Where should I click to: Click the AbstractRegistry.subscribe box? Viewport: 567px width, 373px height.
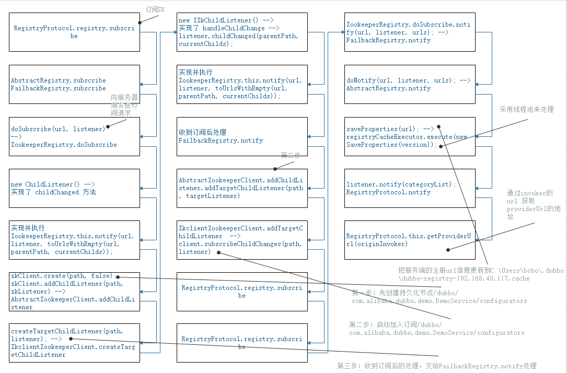pos(75,84)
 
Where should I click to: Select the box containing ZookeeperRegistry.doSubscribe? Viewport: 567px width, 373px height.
pos(75,136)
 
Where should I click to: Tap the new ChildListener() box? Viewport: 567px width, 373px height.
pos(75,188)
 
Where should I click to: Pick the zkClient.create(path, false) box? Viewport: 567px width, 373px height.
pos(75,291)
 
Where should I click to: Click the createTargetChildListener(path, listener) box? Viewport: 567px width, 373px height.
pos(75,343)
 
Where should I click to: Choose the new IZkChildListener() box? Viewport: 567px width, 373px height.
pos(242,32)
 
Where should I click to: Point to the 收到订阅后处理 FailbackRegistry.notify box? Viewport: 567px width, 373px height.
pos(242,136)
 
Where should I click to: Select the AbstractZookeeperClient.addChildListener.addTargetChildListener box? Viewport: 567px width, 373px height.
pos(242,188)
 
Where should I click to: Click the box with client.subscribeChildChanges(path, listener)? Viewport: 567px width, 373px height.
pos(242,240)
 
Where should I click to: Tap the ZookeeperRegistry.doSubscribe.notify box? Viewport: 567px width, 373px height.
pos(410,32)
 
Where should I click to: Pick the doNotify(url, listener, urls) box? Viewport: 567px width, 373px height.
pos(410,84)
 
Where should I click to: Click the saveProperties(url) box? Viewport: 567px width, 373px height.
pos(410,136)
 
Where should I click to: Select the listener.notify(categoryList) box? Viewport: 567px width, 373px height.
pos(410,188)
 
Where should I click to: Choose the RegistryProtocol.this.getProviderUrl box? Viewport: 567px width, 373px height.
pos(410,240)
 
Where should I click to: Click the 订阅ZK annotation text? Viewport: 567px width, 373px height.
pos(156,9)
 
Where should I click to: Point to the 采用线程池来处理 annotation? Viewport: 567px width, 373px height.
pos(526,109)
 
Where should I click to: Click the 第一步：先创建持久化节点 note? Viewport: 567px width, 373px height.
pos(439,296)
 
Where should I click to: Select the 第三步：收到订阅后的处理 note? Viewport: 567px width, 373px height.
pos(437,366)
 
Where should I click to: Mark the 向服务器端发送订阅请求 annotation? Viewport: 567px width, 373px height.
pos(124,104)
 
